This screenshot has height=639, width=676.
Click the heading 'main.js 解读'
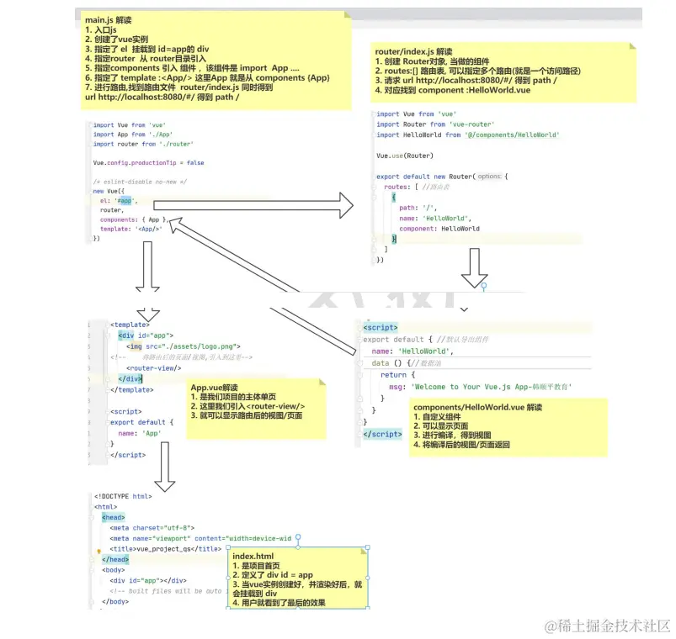click(x=109, y=20)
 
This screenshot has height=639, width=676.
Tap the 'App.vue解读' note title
click(x=215, y=388)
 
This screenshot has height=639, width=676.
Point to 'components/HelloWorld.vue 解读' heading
click(x=477, y=407)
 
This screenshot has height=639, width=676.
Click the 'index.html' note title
click(x=253, y=557)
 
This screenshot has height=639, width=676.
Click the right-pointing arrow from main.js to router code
click(x=253, y=203)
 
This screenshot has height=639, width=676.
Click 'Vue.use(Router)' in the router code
click(x=405, y=156)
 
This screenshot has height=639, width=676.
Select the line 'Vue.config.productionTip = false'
click(x=148, y=163)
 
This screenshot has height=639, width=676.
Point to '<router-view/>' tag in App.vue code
click(x=154, y=367)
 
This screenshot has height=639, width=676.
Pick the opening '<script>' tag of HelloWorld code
click(x=381, y=327)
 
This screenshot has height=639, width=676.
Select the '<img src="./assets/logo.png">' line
click(x=184, y=346)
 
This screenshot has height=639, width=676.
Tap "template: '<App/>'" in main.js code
click(x=130, y=229)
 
